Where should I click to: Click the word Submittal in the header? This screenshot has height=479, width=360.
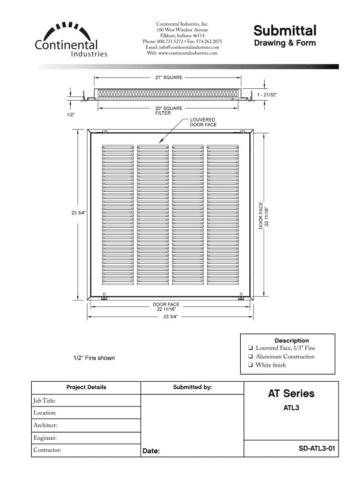tap(285, 30)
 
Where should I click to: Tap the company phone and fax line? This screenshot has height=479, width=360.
tap(182, 42)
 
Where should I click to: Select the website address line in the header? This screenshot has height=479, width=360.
tap(182, 53)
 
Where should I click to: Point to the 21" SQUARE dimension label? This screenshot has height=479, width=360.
tap(169, 77)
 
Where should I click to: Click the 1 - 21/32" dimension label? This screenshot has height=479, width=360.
tap(267, 95)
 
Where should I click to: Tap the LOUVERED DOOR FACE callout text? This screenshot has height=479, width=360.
tap(203, 123)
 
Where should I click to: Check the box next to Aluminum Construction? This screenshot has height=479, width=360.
tap(251, 357)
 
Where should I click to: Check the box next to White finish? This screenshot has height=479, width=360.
tap(251, 365)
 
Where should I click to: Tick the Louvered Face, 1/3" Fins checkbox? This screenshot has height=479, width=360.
tap(251, 348)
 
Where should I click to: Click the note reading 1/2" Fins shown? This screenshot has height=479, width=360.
tap(94, 358)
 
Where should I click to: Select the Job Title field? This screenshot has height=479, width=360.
tap(86, 400)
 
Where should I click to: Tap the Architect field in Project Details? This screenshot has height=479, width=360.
tap(86, 425)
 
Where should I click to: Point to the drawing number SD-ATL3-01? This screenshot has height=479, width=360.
tap(317, 448)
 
